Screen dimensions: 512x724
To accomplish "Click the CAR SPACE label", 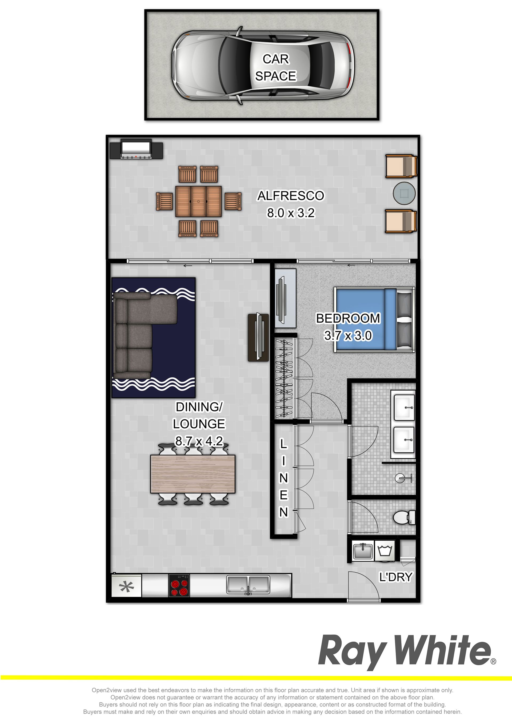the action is [x=276, y=67].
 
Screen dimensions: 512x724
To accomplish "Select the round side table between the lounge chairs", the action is [x=404, y=193].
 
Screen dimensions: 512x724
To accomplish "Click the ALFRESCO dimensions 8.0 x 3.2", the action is [x=291, y=213].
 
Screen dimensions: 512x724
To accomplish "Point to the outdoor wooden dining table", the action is [x=198, y=201].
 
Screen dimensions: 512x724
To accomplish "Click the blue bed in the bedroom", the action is [x=375, y=319].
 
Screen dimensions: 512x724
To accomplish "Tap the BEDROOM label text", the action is [x=348, y=319].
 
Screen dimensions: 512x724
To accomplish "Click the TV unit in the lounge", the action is [x=258, y=337].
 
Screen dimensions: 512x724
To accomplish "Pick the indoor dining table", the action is [x=193, y=474].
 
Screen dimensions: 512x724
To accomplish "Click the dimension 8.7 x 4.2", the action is [x=199, y=441].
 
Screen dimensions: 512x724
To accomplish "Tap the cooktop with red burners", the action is [x=179, y=586].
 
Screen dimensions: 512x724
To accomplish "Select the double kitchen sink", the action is [x=248, y=585].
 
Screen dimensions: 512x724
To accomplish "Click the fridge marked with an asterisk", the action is [x=126, y=586].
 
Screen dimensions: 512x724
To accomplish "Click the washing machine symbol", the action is [x=385, y=551].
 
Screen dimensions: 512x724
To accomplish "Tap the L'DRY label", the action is [x=395, y=577].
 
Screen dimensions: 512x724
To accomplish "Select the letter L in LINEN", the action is [x=284, y=444].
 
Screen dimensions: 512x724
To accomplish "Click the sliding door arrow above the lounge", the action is [x=188, y=266].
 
